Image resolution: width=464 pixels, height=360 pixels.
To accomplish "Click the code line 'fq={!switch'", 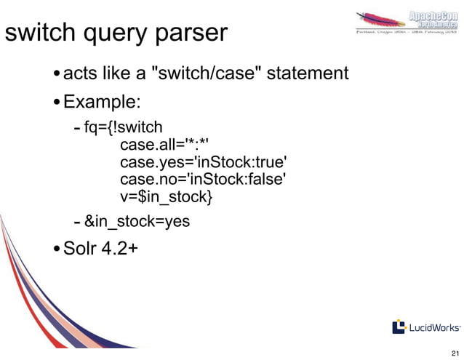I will tap(124, 129).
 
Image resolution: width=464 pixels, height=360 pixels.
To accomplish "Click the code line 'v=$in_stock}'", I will tap(167, 197).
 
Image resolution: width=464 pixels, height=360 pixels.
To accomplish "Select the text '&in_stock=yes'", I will tap(137, 222).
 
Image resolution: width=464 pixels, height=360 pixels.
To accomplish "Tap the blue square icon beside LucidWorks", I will tap(399, 327).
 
